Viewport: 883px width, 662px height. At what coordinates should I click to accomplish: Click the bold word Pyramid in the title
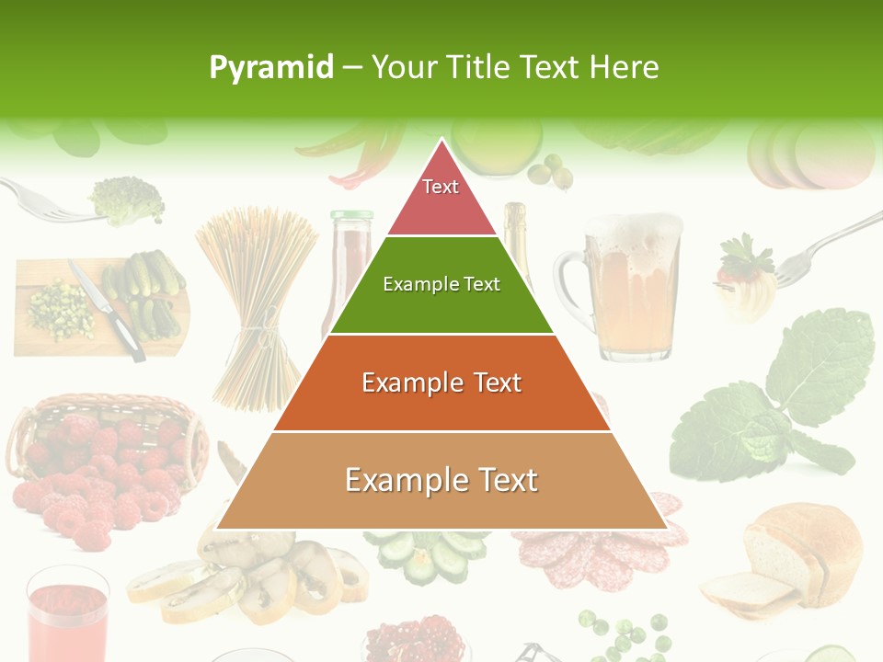[x=270, y=67]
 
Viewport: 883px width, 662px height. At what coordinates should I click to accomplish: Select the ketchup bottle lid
[x=352, y=218]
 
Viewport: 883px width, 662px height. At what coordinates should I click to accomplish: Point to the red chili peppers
[x=368, y=156]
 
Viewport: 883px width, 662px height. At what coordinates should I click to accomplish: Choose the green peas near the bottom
[x=625, y=634]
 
